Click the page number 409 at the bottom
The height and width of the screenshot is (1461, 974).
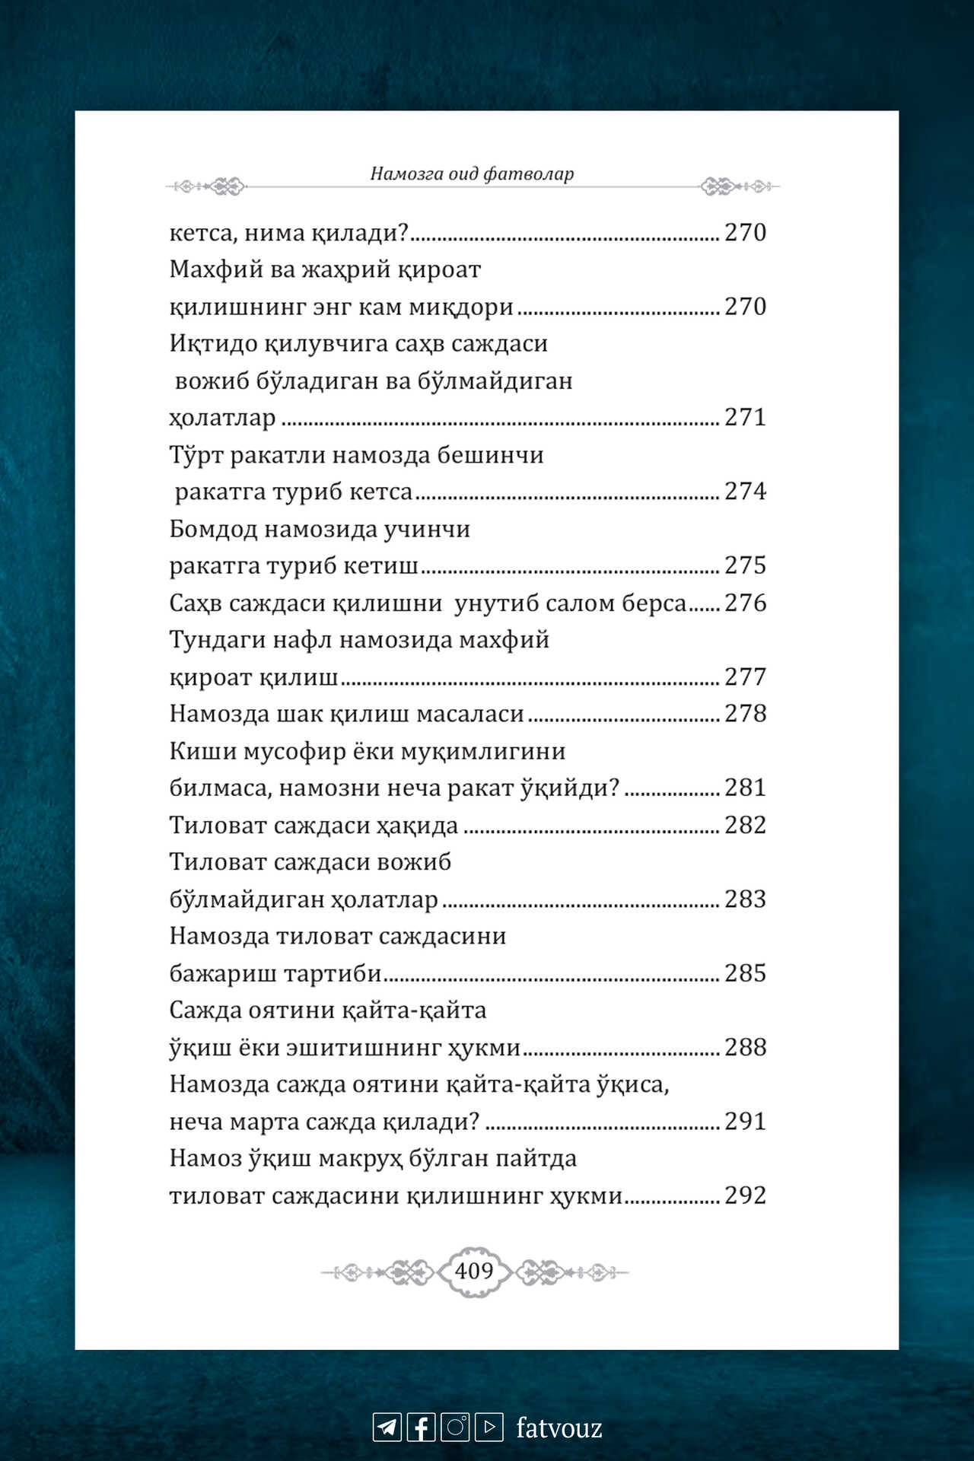474,1271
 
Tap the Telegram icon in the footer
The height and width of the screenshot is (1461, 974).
387,1427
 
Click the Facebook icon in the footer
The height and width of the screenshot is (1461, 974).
422,1427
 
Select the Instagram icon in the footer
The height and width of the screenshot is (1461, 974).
455,1427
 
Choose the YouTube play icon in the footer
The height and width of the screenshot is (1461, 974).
489,1427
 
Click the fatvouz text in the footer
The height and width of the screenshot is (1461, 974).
559,1428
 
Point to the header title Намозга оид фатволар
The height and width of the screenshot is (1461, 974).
472,173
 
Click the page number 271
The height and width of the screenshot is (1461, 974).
745,417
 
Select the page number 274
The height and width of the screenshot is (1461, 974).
745,491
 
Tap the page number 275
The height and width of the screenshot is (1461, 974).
745,565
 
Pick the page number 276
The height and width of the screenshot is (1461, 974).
745,603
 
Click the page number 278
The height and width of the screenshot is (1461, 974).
745,713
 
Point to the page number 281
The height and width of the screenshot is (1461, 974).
745,787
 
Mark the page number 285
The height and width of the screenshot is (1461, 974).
745,972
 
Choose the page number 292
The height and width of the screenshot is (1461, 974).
745,1195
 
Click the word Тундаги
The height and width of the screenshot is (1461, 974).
210,639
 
